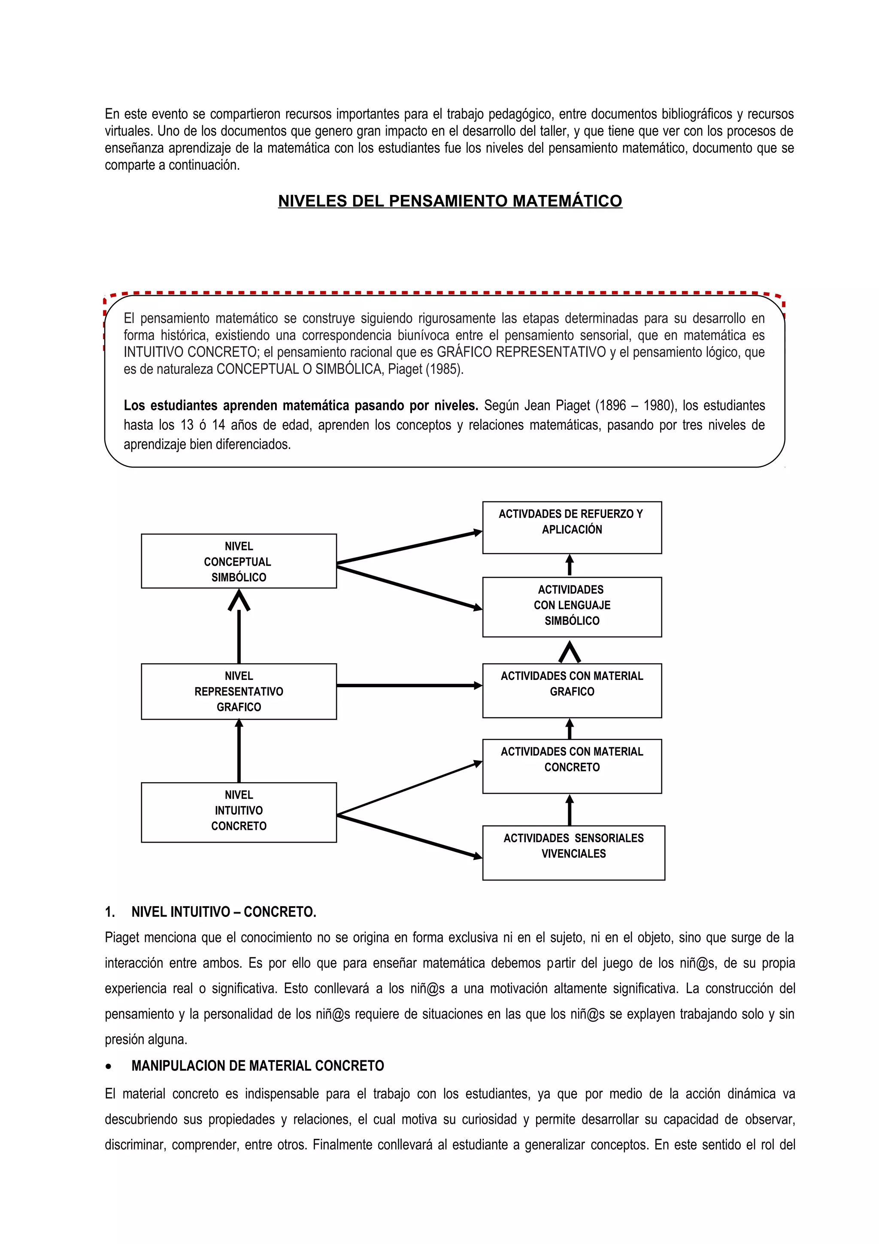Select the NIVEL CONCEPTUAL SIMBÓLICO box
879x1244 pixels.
tap(238, 561)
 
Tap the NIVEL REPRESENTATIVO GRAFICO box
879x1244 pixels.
tap(238, 692)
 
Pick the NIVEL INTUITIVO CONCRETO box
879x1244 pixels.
tap(238, 812)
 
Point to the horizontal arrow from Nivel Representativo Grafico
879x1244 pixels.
tap(409, 686)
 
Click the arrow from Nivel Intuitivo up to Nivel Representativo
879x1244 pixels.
tap(239, 751)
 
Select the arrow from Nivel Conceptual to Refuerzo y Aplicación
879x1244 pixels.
tap(409, 548)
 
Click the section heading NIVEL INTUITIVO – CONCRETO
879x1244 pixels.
tap(223, 912)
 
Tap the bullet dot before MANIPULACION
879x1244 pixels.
tap(109, 1066)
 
